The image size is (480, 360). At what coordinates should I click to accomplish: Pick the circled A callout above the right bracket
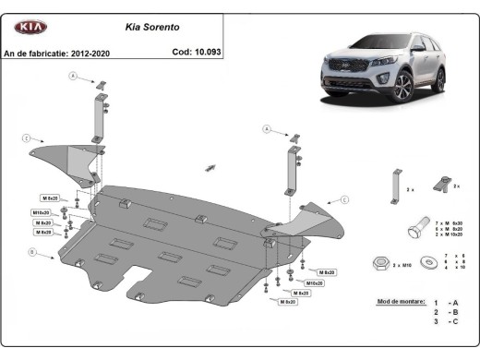[265, 129]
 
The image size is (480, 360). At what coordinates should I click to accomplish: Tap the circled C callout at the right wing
[345, 199]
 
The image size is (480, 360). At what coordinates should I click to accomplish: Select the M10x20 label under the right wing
[315, 282]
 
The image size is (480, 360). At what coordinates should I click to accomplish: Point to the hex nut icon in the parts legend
[379, 265]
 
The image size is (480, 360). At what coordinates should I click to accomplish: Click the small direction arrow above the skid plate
[211, 167]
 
